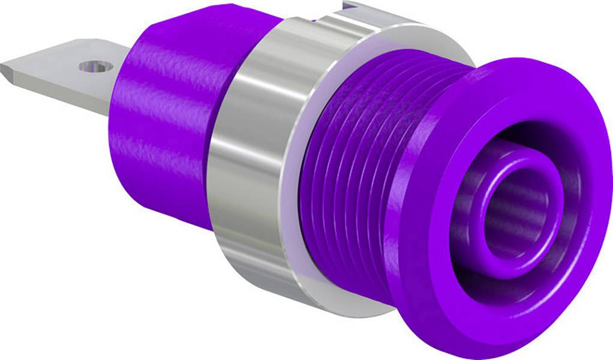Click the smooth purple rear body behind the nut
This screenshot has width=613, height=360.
162,126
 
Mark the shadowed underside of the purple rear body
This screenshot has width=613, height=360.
180,213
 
